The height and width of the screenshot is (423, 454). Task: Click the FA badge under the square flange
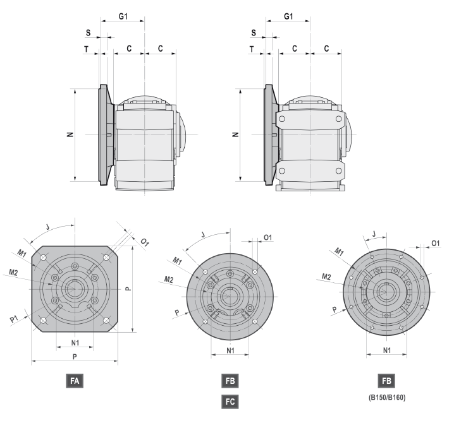75,381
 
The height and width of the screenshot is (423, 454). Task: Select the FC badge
230,402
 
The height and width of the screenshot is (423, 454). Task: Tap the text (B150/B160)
387,398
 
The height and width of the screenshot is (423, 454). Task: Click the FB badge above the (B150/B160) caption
386,381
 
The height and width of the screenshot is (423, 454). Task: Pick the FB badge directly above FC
230,381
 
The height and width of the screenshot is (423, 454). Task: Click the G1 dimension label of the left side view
123,16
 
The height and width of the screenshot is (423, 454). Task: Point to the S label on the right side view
254,33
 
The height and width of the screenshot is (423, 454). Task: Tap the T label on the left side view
86,49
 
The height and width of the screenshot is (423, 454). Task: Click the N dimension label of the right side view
236,134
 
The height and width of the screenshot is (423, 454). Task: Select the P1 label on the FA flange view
14,319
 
